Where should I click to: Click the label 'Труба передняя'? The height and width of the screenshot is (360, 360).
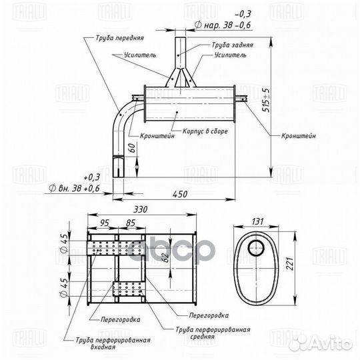(x=119, y=38)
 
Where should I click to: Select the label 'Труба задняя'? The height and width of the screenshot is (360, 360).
(x=232, y=45)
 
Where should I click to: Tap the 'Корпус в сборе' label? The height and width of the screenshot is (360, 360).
(x=205, y=131)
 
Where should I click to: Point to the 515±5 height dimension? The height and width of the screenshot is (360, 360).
(x=266, y=100)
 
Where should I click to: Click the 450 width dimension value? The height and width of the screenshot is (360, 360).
(x=180, y=194)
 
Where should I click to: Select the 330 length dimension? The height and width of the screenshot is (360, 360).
(x=140, y=209)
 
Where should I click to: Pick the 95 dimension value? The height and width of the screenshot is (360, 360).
(x=104, y=223)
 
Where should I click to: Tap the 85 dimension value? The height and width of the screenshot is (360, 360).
(x=131, y=223)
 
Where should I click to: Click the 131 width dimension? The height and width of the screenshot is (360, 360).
(x=257, y=221)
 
